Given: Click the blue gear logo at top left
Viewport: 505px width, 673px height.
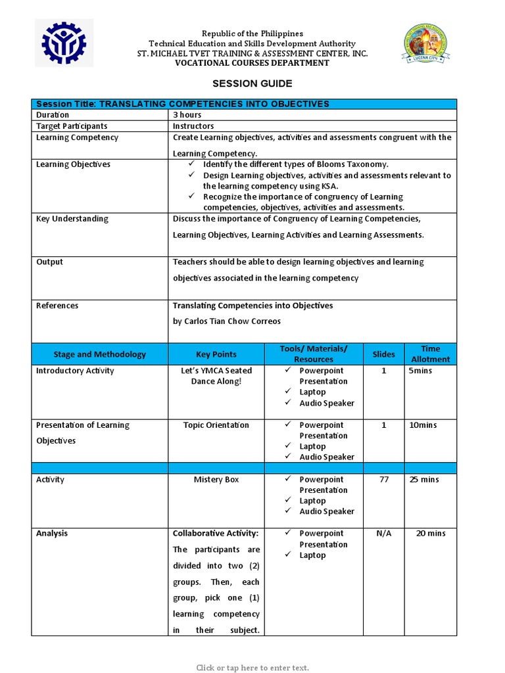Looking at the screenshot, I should click(x=64, y=43).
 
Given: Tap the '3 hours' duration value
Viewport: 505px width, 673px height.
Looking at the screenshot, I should click(x=187, y=115).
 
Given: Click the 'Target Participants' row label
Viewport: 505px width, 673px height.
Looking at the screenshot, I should click(x=72, y=126).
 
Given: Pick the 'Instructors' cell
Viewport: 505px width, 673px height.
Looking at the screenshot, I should click(x=193, y=126).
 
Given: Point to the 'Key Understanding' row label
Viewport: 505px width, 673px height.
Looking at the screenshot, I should click(x=72, y=219).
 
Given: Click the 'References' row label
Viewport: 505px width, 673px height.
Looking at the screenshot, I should click(x=57, y=306).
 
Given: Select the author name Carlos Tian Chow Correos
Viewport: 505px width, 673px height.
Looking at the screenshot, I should click(x=227, y=321).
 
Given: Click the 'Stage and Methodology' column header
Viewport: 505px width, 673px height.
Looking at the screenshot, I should click(x=100, y=354).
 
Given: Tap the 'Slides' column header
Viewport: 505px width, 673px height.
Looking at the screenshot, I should click(x=384, y=354).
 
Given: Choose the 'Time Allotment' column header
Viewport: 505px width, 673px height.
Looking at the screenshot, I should click(x=431, y=354).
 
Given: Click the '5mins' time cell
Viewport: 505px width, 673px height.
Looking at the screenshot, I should click(x=421, y=371).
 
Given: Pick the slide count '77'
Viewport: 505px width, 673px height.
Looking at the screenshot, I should click(x=384, y=480).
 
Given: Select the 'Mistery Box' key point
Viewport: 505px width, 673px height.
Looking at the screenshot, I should click(x=216, y=480).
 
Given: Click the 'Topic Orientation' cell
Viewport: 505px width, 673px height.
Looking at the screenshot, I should click(x=216, y=425).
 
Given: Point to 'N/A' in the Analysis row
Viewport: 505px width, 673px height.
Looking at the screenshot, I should click(x=384, y=534).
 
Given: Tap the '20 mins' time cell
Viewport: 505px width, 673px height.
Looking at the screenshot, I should click(x=431, y=534).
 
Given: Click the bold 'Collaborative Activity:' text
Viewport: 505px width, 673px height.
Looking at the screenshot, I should click(x=216, y=534).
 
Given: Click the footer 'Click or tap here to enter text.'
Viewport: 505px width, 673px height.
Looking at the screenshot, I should click(x=252, y=668).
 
